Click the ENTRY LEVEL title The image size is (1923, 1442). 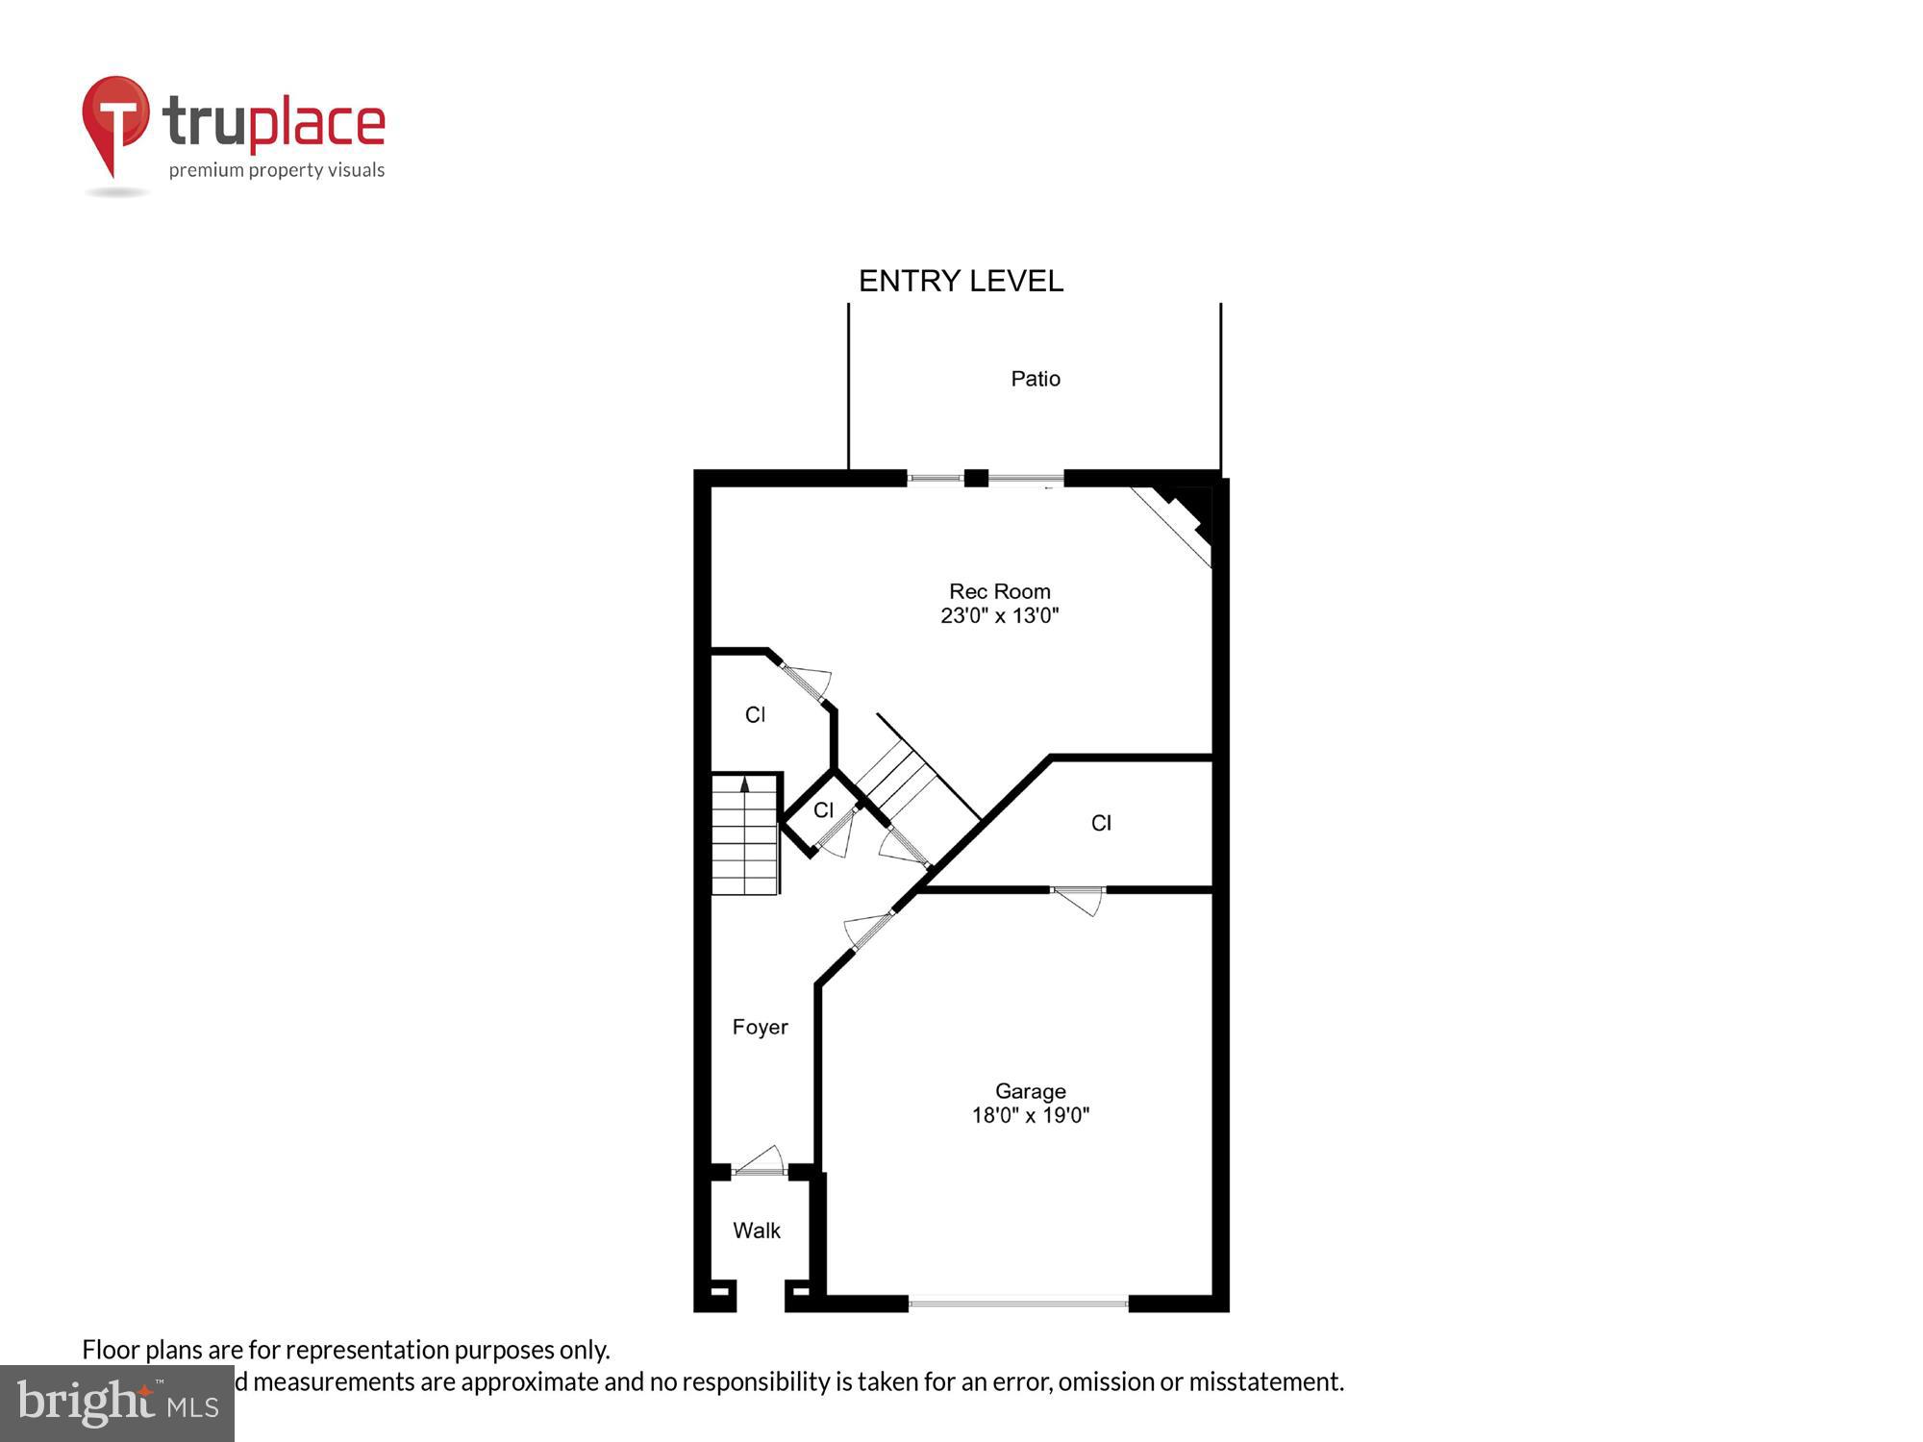[x=961, y=281]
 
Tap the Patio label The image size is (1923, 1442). [x=1036, y=379]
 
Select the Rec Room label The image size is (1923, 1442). [x=999, y=591]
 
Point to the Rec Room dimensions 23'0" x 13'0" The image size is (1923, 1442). [x=999, y=616]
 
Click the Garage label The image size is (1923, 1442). [x=1030, y=1091]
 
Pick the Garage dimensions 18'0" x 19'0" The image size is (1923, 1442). [x=1030, y=1116]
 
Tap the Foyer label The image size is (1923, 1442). [x=760, y=1027]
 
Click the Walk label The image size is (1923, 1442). [x=757, y=1231]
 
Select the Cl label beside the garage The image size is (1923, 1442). [x=1101, y=823]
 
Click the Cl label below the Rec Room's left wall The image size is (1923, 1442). [x=755, y=714]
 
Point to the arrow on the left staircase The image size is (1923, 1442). [x=744, y=785]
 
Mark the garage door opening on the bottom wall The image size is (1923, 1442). [x=1018, y=1304]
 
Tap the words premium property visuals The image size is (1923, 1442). [x=277, y=170]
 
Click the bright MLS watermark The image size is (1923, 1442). [x=117, y=1404]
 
